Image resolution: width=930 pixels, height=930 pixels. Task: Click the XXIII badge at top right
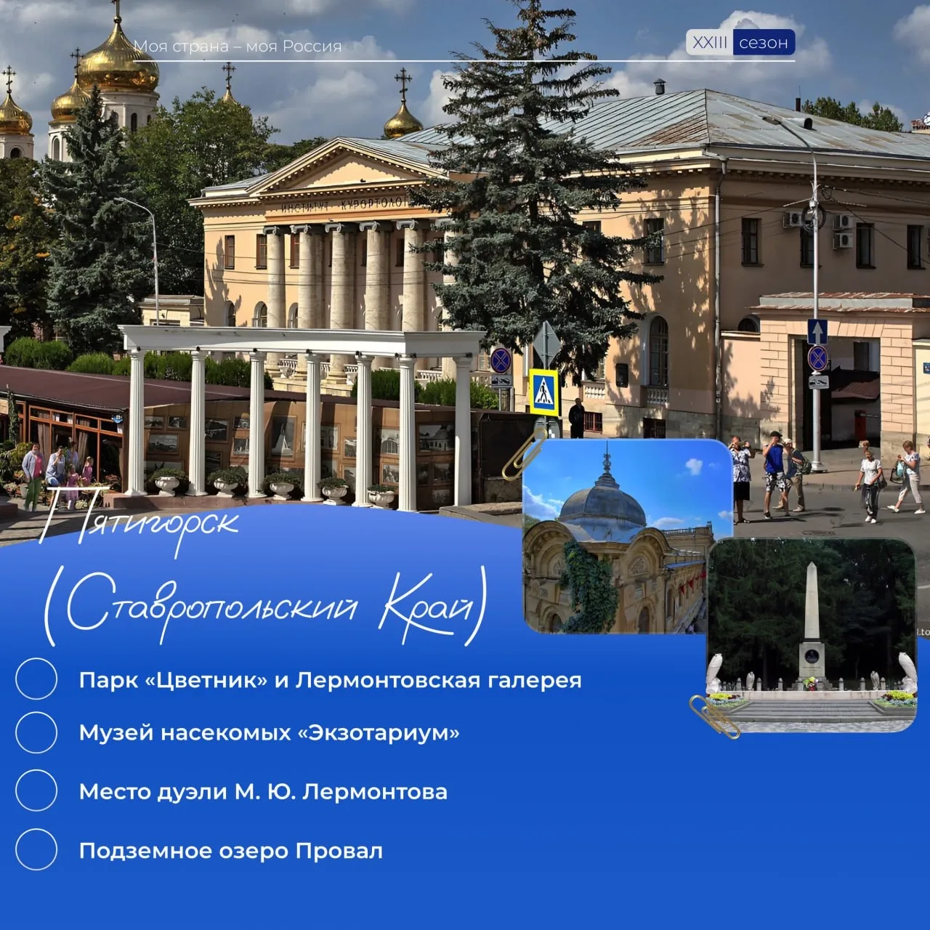[709, 43]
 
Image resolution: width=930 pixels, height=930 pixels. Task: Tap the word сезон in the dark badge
[764, 43]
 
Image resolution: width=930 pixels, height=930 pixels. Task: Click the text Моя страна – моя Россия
[238, 46]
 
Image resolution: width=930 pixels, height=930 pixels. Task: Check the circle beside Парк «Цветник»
[36, 679]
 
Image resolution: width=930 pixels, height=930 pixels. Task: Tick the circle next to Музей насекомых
[36, 732]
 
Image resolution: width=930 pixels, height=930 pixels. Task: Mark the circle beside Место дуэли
[36, 790]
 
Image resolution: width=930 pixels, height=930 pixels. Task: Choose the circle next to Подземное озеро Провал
[36, 849]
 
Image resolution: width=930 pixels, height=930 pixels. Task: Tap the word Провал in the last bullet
[339, 851]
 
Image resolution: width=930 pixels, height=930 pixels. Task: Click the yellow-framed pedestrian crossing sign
[544, 392]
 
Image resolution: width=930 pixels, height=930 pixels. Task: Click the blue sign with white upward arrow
[817, 331]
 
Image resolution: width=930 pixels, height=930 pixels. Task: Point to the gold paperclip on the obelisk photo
[714, 716]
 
